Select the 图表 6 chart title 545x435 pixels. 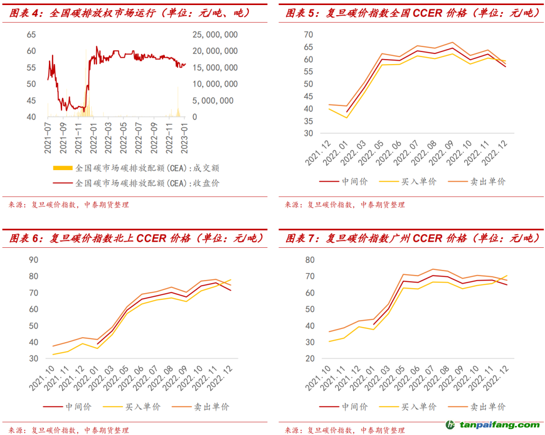[136, 238]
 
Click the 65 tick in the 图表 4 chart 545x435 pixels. [31, 35]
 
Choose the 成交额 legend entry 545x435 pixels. [146, 168]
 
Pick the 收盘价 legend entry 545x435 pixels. [146, 183]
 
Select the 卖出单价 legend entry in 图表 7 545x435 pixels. [487, 407]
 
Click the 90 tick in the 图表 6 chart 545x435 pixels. [34, 260]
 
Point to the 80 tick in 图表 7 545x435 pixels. [310, 260]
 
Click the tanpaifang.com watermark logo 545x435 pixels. [492, 425]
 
